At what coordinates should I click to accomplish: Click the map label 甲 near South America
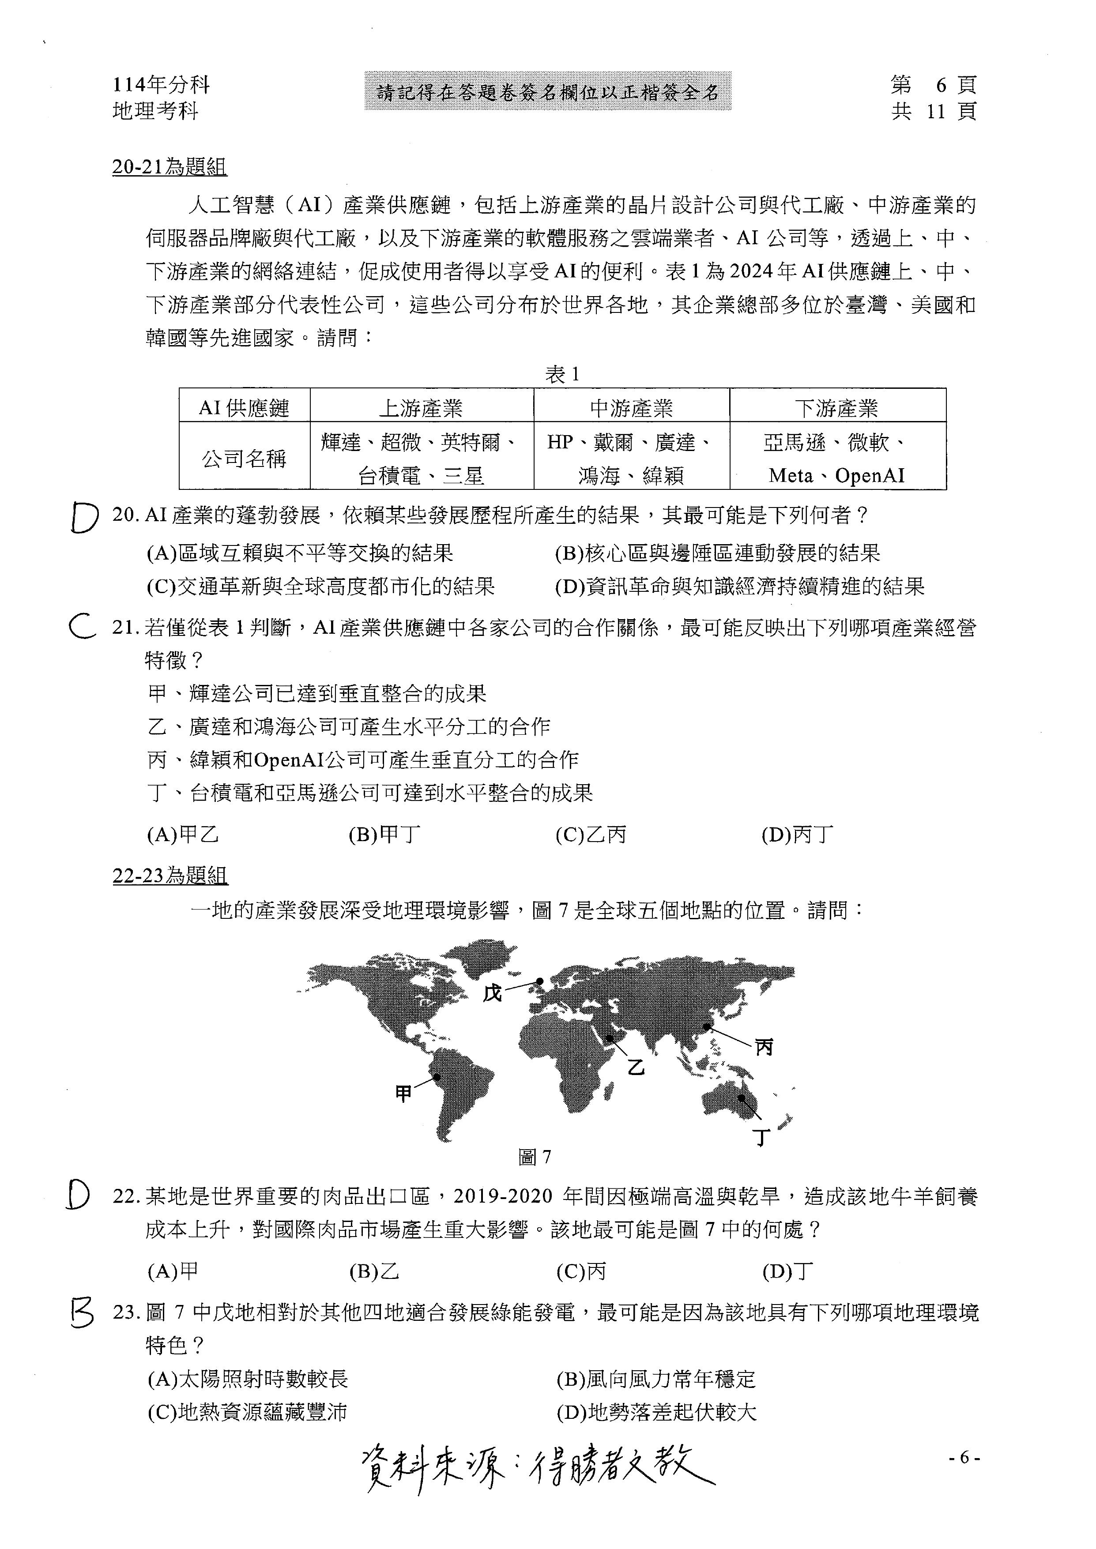click(403, 1094)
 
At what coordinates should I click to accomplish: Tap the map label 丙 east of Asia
click(763, 1047)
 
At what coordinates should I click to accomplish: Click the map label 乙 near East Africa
click(636, 1067)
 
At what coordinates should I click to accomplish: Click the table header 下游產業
click(837, 407)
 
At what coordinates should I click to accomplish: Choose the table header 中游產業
click(631, 407)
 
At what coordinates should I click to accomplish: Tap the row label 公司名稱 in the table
click(244, 459)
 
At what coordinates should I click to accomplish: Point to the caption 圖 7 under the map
click(535, 1158)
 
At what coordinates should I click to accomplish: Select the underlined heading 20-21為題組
click(169, 167)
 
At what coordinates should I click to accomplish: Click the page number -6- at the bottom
click(964, 1458)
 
